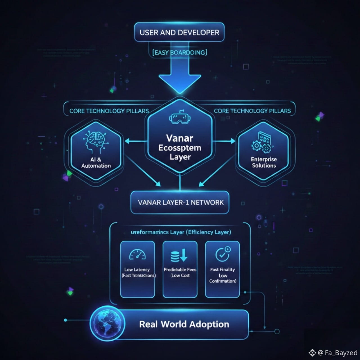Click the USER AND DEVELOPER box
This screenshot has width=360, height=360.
pos(179,32)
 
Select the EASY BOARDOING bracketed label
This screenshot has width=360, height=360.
pos(180,52)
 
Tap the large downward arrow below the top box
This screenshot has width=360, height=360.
pos(179,76)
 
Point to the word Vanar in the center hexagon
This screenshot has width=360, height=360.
pos(179,138)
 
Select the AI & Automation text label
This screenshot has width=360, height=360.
pos(96,163)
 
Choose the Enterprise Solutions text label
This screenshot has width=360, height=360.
pos(264,162)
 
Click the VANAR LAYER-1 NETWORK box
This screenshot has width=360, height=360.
pos(180,202)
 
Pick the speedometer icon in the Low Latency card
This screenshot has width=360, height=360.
pos(137,255)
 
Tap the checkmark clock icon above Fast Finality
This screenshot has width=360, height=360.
pos(222,254)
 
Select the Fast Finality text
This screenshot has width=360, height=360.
pos(222,269)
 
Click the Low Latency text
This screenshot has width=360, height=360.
pos(137,269)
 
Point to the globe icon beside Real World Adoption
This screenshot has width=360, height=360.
pos(107,323)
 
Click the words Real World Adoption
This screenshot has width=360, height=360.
pos(184,324)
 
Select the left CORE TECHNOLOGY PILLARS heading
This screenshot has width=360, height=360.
pos(109,111)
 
